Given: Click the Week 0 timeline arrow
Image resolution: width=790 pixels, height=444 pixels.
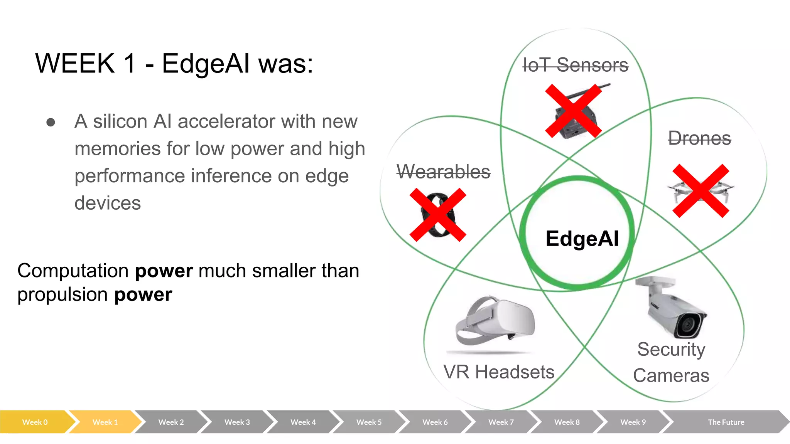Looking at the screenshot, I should click(35, 422).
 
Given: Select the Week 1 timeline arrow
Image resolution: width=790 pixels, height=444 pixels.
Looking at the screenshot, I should click(105, 422).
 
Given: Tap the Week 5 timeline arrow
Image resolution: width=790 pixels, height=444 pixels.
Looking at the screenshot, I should click(369, 422).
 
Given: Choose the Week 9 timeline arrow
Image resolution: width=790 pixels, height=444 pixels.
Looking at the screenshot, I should click(633, 422).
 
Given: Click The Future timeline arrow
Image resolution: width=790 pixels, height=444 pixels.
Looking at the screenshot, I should click(726, 422).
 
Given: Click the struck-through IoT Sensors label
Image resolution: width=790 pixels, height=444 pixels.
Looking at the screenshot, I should click(575, 65).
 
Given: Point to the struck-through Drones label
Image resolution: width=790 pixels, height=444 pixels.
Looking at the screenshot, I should click(699, 138).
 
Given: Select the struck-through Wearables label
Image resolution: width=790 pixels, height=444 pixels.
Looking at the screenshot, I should click(443, 172).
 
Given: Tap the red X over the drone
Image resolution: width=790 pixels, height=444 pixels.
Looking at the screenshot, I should click(701, 191).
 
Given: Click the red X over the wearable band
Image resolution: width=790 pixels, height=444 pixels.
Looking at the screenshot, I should click(438, 215).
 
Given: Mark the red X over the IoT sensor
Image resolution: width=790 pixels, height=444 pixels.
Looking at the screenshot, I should click(573, 111).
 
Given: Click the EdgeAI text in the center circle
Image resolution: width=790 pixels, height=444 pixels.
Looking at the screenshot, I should click(582, 238).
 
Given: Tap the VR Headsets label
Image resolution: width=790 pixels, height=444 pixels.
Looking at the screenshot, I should click(499, 372).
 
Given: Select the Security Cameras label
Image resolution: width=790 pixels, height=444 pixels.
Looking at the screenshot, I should click(671, 362).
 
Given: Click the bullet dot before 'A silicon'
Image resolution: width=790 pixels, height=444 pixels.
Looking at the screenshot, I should click(51, 122).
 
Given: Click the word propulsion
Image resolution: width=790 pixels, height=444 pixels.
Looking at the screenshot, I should click(62, 295).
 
